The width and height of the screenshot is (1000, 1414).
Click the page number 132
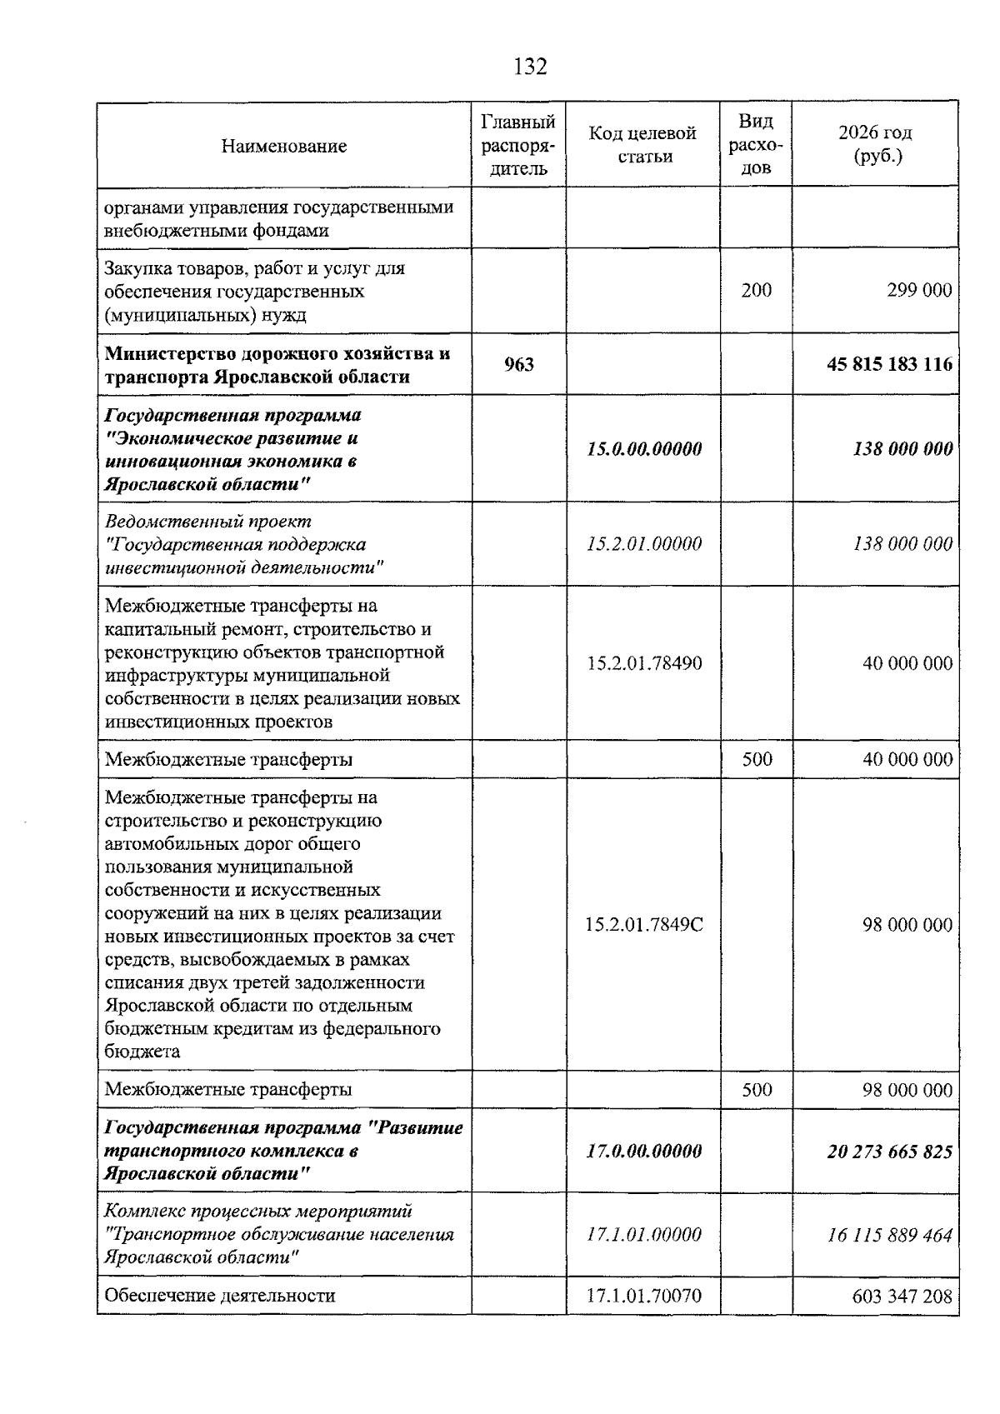[x=530, y=67]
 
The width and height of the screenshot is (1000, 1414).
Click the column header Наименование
[x=284, y=147]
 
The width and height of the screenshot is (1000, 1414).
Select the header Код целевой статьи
[x=642, y=145]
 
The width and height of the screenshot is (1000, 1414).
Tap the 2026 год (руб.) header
[x=875, y=144]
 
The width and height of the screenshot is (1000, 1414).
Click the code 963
[x=519, y=364]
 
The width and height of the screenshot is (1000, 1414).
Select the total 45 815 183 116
[x=889, y=364]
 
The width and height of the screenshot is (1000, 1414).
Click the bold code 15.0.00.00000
[x=644, y=449]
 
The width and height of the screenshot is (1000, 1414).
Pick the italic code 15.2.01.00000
[x=644, y=544]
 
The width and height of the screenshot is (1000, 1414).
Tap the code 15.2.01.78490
[x=644, y=663]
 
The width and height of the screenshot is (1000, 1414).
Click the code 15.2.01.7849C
[x=644, y=925]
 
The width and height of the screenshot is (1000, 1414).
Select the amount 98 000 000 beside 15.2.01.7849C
[x=907, y=925]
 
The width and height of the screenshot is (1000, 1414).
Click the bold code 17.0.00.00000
[x=644, y=1152]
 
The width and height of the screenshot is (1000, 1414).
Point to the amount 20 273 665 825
[x=889, y=1152]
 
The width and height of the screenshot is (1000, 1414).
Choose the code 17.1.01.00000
[x=644, y=1235]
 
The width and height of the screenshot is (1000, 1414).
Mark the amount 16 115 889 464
[x=889, y=1235]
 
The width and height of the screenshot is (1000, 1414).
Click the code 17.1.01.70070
[x=644, y=1296]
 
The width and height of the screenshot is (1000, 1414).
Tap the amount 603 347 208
[x=902, y=1296]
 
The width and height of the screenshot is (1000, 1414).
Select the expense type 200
[x=757, y=290]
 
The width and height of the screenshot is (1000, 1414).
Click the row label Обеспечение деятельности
[x=220, y=1296]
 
